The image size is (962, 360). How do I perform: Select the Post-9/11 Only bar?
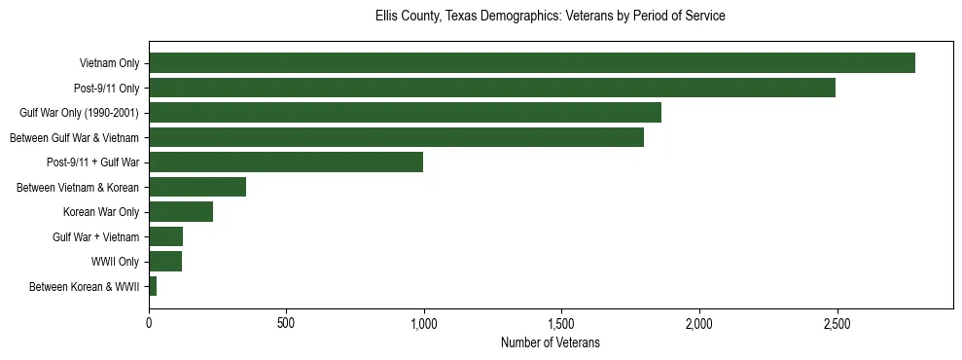pyautogui.click(x=491, y=88)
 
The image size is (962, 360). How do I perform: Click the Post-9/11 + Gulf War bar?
pyautogui.click(x=286, y=162)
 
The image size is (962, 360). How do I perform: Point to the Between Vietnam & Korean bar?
pyautogui.click(x=197, y=187)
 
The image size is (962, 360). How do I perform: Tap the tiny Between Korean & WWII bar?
pyautogui.click(x=153, y=286)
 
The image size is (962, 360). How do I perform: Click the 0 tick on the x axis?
pyautogui.click(x=149, y=322)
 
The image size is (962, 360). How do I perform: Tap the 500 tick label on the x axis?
pyautogui.click(x=286, y=322)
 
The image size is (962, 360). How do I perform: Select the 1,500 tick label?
pyautogui.click(x=561, y=322)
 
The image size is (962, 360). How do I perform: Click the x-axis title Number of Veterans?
pyautogui.click(x=550, y=342)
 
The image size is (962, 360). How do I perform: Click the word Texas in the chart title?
pyautogui.click(x=463, y=17)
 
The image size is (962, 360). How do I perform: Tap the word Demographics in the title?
pyautogui.click(x=528, y=17)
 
